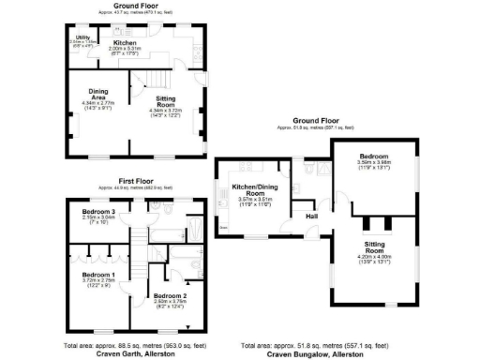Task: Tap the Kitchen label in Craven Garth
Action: [126, 43]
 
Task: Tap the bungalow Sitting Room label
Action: [375, 247]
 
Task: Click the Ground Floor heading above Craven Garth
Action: [134, 5]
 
